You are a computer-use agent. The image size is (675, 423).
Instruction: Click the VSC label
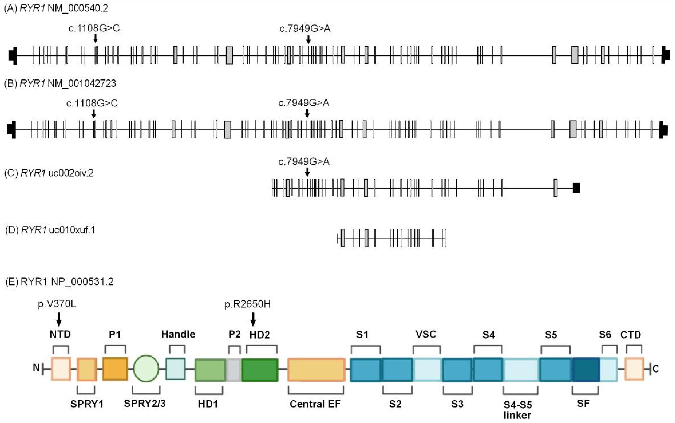[426, 334]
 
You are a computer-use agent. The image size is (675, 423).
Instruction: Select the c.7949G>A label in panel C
[304, 162]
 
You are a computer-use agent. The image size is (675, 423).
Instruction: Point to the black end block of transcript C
[576, 188]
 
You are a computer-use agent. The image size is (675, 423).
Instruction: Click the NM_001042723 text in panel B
[82, 84]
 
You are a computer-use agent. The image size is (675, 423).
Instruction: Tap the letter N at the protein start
[36, 367]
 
